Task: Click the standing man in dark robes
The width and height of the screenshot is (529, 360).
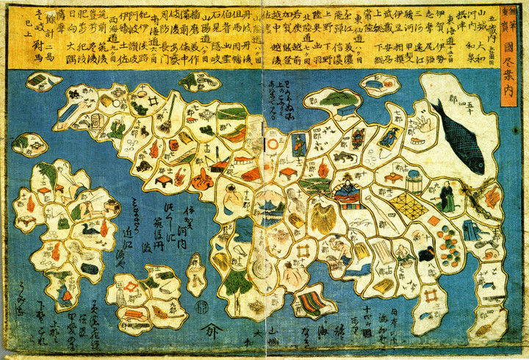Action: pyautogui.click(x=447, y=195)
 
